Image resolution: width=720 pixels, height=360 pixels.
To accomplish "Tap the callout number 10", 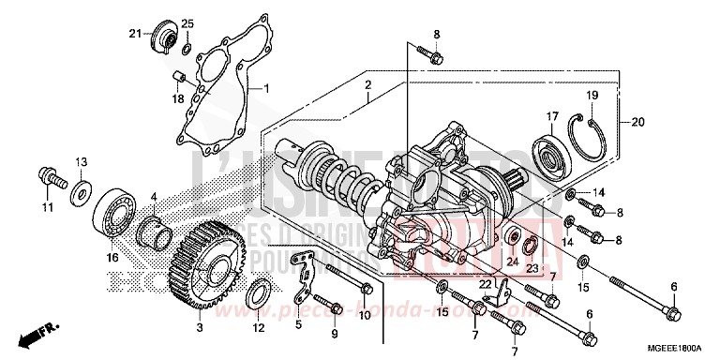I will tap(366, 316).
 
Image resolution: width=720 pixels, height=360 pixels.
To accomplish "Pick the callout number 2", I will tap(367, 85).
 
